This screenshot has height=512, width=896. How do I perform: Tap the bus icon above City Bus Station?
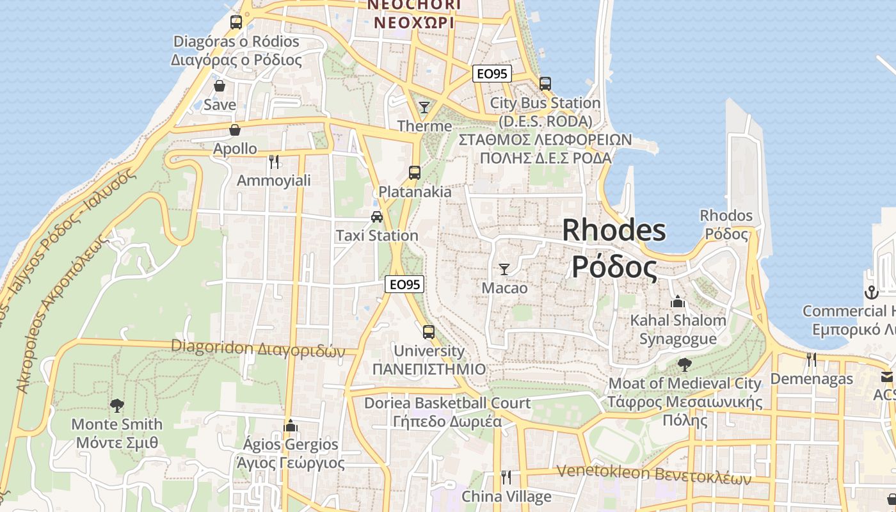coord(545,84)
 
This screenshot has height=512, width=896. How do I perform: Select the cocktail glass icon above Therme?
coord(424,107)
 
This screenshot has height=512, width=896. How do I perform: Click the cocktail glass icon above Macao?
coord(504,269)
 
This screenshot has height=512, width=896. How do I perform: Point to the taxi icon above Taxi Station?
coord(377,216)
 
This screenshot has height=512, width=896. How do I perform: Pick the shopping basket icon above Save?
coord(220,85)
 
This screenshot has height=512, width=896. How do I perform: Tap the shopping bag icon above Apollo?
coord(235,130)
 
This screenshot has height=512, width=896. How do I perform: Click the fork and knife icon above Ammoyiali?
coord(274,161)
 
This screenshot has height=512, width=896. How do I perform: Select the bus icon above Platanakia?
coord(415,172)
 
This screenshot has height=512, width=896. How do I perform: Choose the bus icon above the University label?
coord(429,332)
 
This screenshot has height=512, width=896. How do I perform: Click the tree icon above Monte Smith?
coord(116,404)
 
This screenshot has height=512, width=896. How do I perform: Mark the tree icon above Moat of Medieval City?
coord(685,365)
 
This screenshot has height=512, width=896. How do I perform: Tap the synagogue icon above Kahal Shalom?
coord(678,301)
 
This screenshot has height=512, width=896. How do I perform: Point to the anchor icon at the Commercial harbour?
coord(870,292)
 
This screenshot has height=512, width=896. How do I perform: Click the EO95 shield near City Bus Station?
coord(492,74)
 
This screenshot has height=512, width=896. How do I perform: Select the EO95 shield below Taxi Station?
coord(405,284)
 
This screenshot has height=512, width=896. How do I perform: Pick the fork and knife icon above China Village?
coord(506,477)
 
